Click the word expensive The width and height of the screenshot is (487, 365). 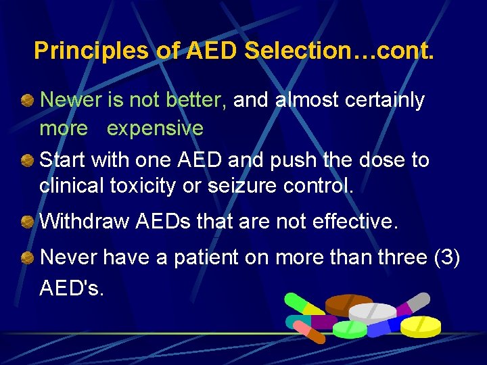point(155,128)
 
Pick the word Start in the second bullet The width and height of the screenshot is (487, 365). point(62,160)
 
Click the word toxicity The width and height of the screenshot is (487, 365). point(145,185)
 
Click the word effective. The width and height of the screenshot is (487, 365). point(365,221)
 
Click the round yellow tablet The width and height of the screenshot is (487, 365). point(420,326)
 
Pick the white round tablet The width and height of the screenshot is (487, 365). point(372,312)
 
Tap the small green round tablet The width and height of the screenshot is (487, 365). point(350,329)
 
